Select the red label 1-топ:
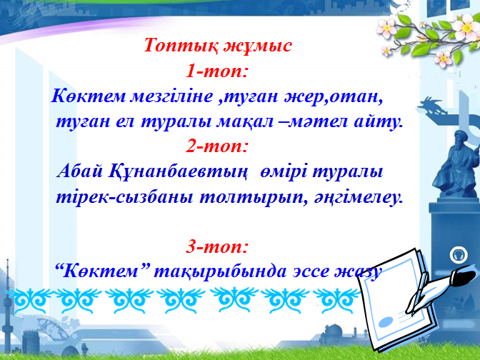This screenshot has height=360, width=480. [x=216, y=71]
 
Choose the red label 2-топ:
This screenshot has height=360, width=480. [x=216, y=146]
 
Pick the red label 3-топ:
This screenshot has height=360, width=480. [x=216, y=246]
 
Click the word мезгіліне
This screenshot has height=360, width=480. [x=171, y=96]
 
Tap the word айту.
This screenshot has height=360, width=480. [x=377, y=122]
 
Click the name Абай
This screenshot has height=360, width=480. [x=80, y=171]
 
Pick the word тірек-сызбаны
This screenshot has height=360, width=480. [x=124, y=198]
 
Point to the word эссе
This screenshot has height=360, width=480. [x=310, y=272]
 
